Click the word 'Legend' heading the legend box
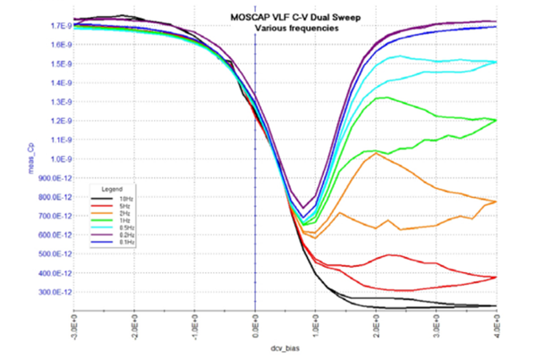[x=112, y=189]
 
